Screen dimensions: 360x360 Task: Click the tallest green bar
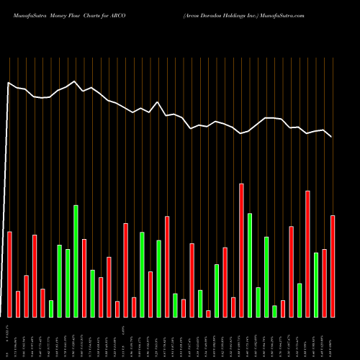coord(76,261)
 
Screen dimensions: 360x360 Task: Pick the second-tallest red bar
coord(308,253)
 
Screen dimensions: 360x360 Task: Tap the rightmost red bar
coord(333,266)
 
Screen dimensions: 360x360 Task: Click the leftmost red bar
coord(9,274)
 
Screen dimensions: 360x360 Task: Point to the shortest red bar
coord(209,313)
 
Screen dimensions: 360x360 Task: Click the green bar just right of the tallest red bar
coord(250,265)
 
